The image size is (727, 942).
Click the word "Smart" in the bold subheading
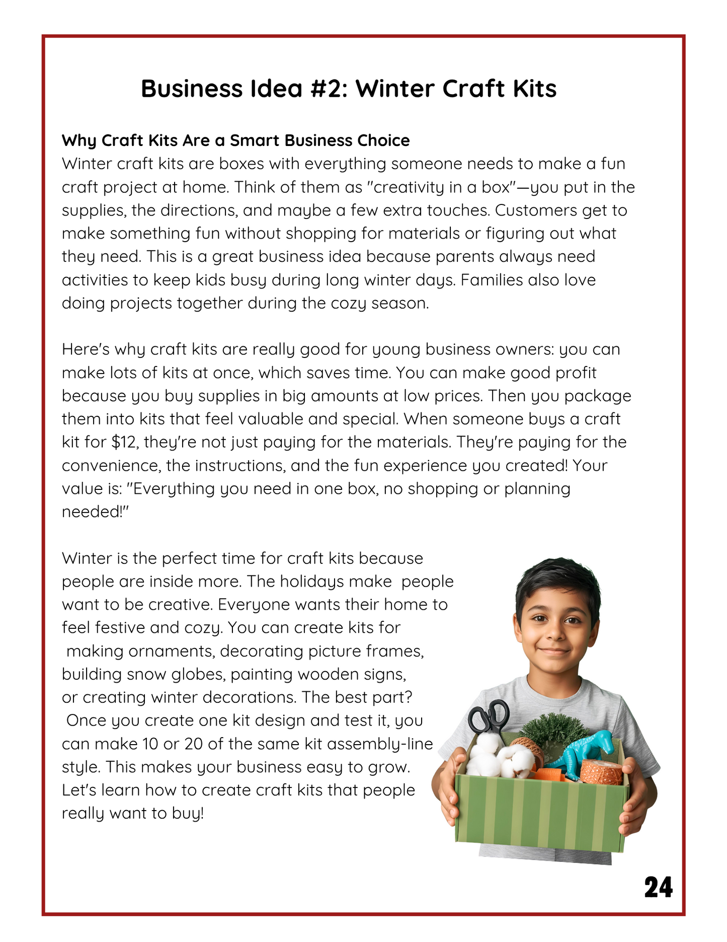tap(255, 140)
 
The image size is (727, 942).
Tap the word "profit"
tap(574, 373)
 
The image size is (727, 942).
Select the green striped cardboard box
tap(538, 811)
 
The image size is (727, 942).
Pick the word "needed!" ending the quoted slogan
tap(96, 512)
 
